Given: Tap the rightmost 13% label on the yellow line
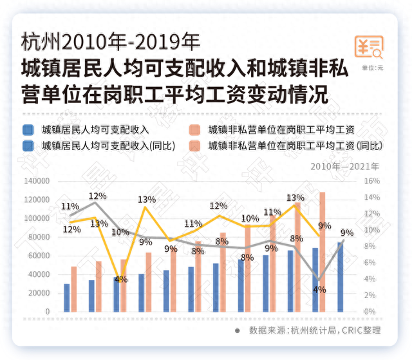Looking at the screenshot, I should coord(295,197).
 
